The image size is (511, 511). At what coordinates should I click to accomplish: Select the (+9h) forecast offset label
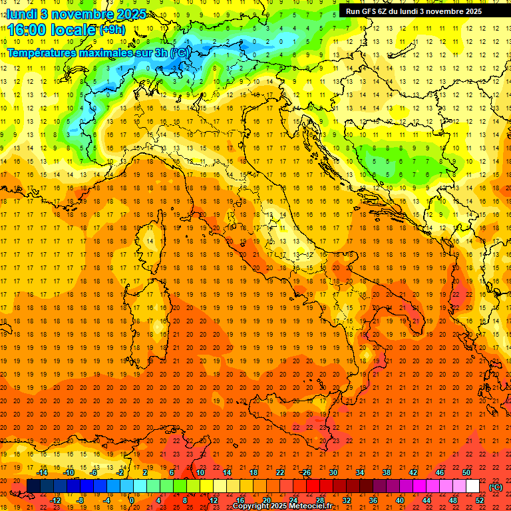point(111,30)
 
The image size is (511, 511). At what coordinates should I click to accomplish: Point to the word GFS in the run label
point(369,11)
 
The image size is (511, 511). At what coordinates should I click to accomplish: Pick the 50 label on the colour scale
point(466,472)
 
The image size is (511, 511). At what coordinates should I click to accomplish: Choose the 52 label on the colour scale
point(480,500)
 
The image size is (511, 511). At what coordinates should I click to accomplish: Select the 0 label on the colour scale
point(132,500)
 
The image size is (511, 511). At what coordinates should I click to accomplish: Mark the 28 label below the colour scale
point(320,500)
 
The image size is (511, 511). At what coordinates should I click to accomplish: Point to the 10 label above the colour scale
point(200,472)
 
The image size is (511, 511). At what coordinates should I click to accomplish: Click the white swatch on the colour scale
point(472,486)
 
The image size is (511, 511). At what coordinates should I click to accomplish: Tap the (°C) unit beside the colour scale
point(496,486)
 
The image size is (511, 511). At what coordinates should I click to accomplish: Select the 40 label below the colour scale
point(400,500)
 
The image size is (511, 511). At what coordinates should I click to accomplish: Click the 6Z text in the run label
point(383,11)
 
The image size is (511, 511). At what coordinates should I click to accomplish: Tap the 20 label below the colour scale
point(267,500)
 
